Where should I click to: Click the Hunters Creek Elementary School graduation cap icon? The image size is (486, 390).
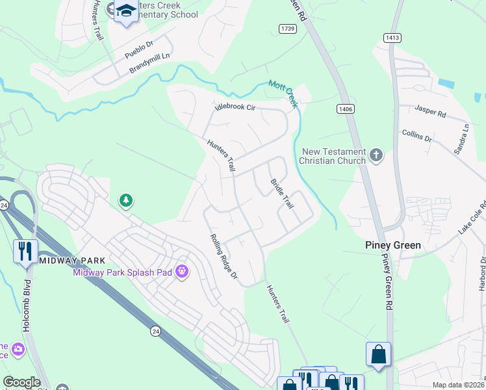[x=125, y=10]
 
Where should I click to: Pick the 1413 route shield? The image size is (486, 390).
[x=392, y=38]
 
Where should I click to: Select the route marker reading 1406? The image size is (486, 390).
[x=345, y=109]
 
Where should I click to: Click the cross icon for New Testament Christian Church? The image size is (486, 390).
[x=376, y=155]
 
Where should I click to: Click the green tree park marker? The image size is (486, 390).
[x=125, y=201]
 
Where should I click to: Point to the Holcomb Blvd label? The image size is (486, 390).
[x=27, y=306]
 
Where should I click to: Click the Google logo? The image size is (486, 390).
[x=21, y=382]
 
